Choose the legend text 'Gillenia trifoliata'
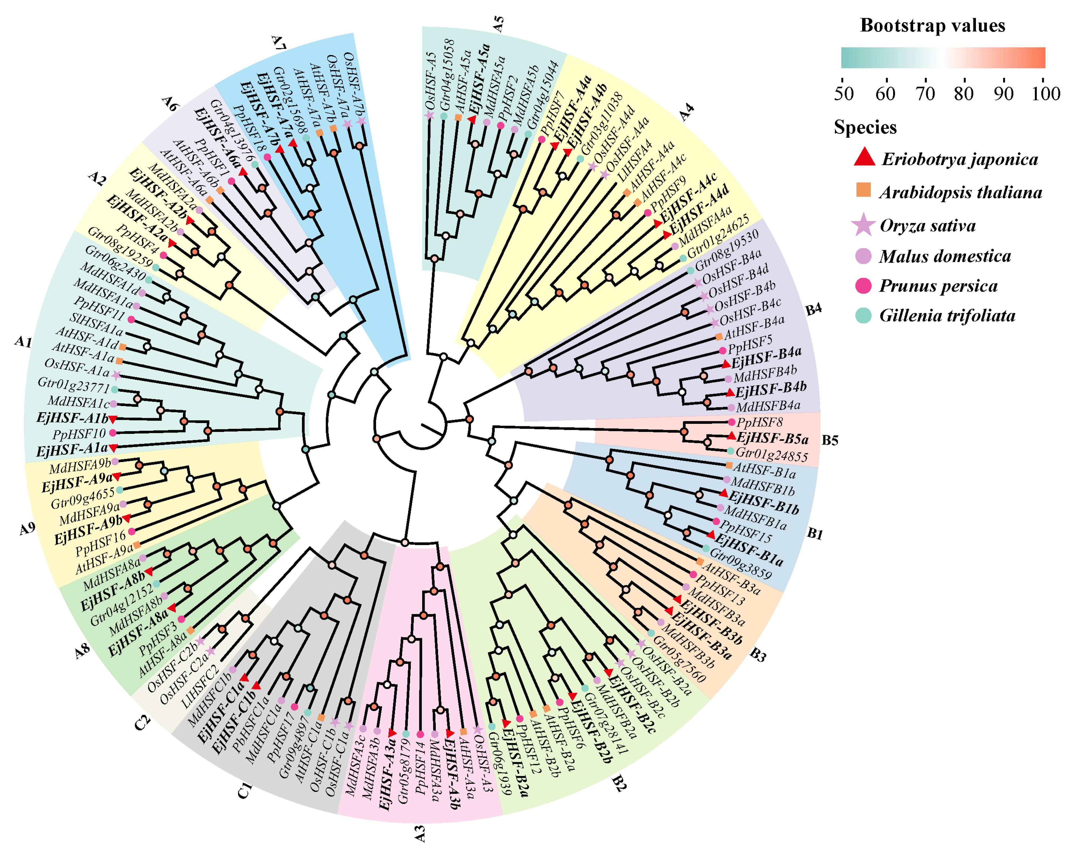pyautogui.click(x=947, y=316)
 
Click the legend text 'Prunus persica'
pyautogui.click(x=938, y=286)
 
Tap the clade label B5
pyautogui.click(x=830, y=441)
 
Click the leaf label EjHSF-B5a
pyautogui.click(x=772, y=439)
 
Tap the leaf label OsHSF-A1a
pyautogui.click(x=76, y=368)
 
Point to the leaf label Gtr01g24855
pyautogui.click(x=771, y=454)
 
